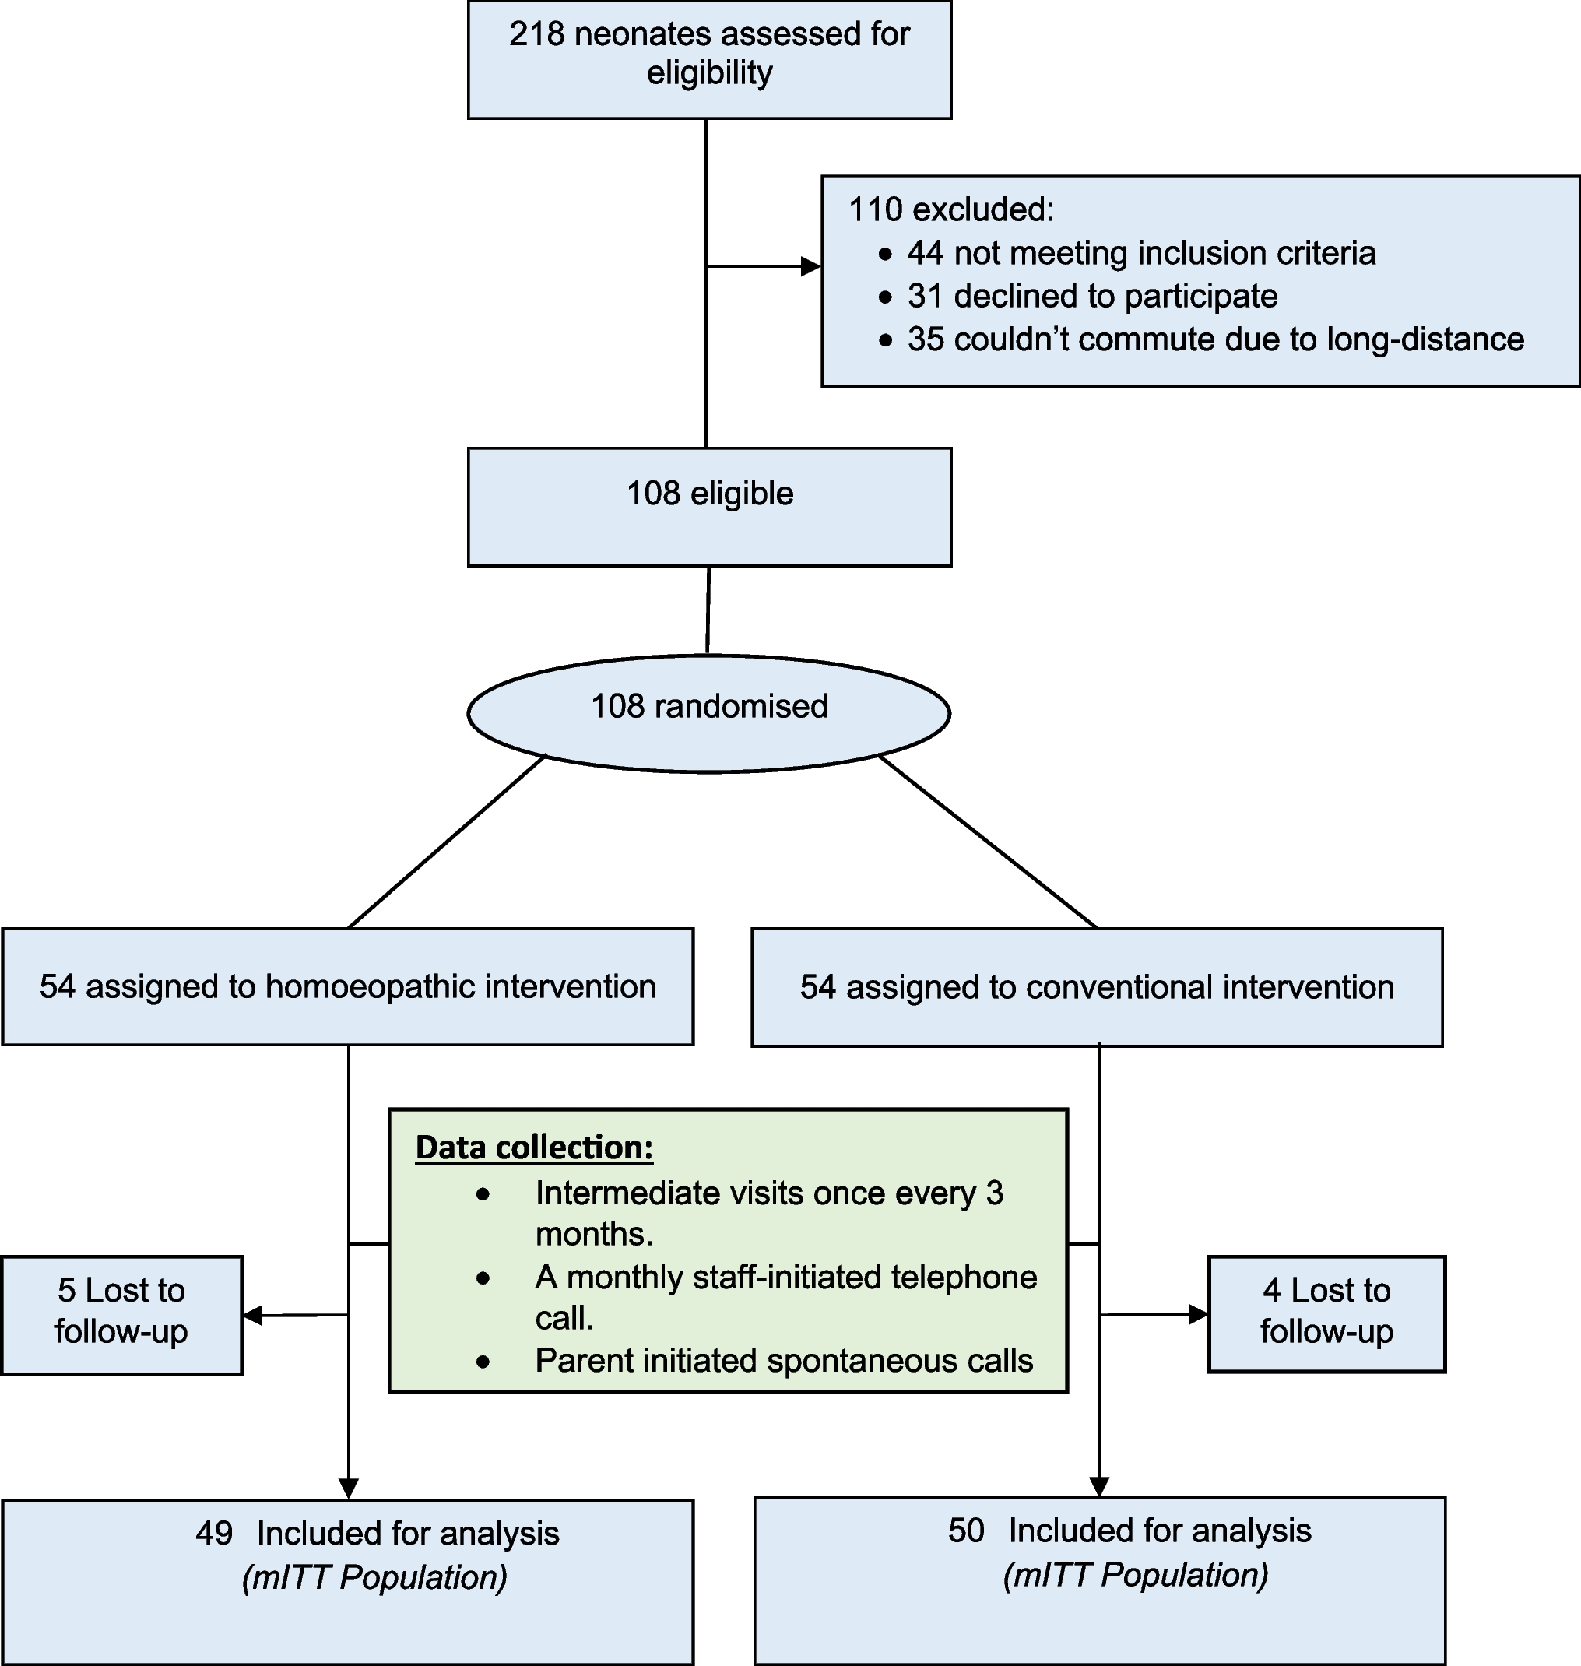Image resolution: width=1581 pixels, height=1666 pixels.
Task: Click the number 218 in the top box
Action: [536, 34]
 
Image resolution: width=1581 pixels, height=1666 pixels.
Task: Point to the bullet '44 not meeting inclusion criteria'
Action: [1141, 253]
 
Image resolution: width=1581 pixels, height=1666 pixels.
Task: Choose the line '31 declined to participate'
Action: [1092, 297]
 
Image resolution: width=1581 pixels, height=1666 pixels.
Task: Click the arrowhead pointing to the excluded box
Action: [810, 267]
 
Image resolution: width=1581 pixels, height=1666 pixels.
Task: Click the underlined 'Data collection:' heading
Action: [534, 1148]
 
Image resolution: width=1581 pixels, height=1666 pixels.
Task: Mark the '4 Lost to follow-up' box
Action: [1326, 1311]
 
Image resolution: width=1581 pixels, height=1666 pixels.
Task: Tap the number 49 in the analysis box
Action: [213, 1534]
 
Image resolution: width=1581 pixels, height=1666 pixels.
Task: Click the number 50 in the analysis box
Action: [966, 1531]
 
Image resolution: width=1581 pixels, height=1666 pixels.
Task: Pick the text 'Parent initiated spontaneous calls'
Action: [784, 1361]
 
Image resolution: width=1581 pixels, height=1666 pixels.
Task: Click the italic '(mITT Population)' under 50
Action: [1135, 1575]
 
